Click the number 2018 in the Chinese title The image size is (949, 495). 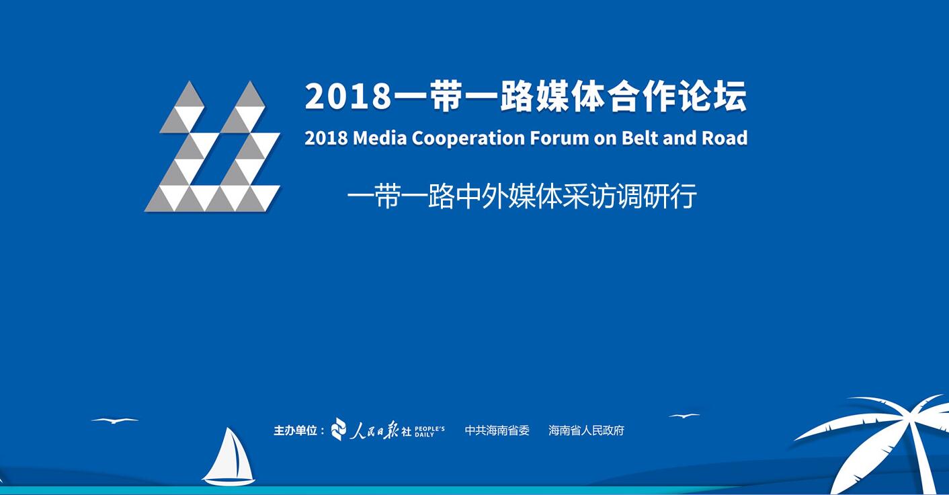click(x=348, y=97)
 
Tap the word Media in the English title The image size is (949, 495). click(x=380, y=138)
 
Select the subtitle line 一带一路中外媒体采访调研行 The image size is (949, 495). click(x=522, y=196)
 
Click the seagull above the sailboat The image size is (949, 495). click(x=114, y=420)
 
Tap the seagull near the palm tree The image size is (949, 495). click(x=684, y=416)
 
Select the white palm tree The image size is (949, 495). click(x=881, y=441)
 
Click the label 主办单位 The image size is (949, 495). click(x=295, y=431)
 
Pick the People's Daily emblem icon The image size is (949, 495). click(x=339, y=429)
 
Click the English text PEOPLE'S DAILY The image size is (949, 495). click(x=429, y=431)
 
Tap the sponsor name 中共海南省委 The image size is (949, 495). click(x=497, y=430)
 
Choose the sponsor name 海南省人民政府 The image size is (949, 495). click(x=586, y=430)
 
